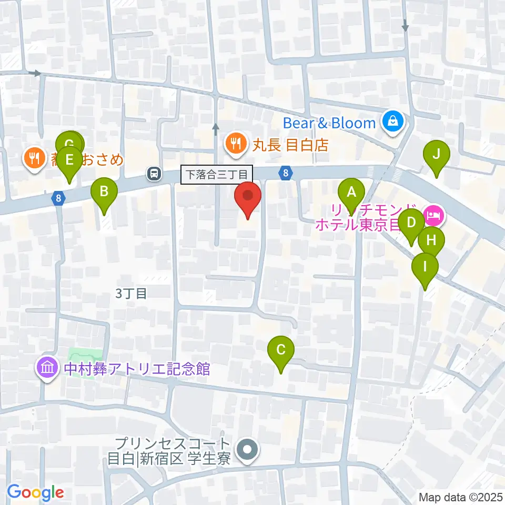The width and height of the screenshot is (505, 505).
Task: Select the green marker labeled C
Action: tap(280, 350)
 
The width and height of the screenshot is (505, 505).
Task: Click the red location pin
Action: tap(247, 197)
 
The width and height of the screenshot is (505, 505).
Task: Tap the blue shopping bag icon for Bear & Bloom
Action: tap(393, 123)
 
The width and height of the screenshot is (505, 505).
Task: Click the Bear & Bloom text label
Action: tap(329, 123)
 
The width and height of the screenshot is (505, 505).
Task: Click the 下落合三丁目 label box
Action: tap(217, 174)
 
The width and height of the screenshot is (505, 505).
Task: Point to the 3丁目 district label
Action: tap(130, 294)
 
